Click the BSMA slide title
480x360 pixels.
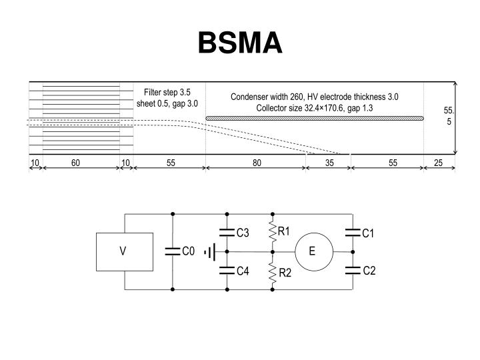(240, 44)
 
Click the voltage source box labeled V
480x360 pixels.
(123, 251)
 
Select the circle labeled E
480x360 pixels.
(313, 251)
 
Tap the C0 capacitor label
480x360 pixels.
(188, 251)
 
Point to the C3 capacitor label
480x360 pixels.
(243, 233)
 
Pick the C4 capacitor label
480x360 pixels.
(243, 270)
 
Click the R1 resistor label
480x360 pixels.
(285, 231)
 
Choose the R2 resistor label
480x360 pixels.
(285, 273)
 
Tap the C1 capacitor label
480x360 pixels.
(369, 233)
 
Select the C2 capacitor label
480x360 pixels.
(369, 270)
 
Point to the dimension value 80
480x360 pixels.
(257, 163)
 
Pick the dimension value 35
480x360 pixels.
(329, 163)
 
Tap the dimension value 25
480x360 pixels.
(438, 163)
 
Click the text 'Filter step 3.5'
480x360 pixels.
(167, 92)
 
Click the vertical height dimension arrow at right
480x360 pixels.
(456, 118)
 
